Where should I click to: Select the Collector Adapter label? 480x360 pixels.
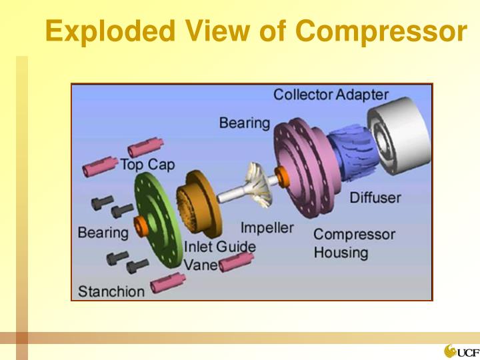(x=331, y=95)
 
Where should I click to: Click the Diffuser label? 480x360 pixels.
(x=375, y=198)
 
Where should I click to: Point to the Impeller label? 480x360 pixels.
(x=267, y=228)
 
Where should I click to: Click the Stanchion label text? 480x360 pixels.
(x=111, y=291)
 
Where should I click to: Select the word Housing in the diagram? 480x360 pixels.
(x=340, y=253)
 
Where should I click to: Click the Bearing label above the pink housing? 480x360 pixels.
(x=245, y=123)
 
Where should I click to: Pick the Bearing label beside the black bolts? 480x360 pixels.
(x=103, y=233)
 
